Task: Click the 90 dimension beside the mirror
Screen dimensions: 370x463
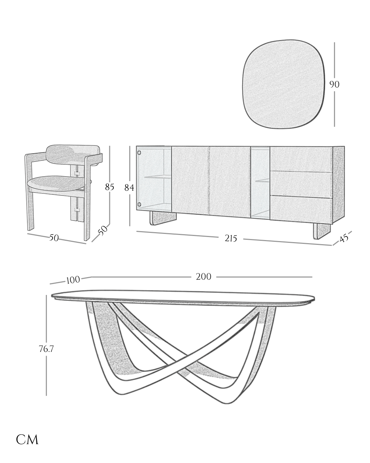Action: tap(334, 84)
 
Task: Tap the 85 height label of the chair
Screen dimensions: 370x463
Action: tap(109, 187)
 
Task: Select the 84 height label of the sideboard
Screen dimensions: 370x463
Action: tap(129, 188)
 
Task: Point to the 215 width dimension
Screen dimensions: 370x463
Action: tap(231, 238)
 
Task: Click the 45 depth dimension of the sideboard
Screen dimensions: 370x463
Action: tap(344, 238)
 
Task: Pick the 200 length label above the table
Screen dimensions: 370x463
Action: tap(203, 276)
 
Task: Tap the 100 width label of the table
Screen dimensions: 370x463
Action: tap(73, 280)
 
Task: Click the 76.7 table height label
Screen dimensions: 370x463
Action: tap(46, 349)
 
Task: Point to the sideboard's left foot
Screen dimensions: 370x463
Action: tap(163, 217)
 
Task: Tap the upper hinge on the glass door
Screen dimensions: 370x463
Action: tap(139, 153)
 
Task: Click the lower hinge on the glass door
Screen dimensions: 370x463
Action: tap(139, 204)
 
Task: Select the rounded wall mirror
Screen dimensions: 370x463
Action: tap(283, 84)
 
